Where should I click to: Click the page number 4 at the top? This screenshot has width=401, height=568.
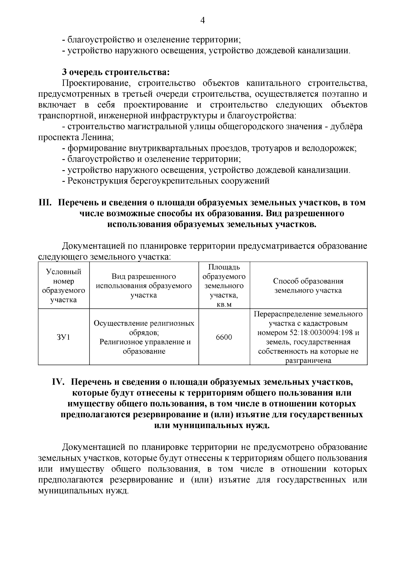[202, 21]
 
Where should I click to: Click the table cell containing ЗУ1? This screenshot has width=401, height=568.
[63, 337]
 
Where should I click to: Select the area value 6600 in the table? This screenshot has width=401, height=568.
[224, 337]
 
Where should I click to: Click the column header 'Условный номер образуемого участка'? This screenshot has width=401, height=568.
[63, 286]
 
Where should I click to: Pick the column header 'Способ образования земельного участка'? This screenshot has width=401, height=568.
[308, 286]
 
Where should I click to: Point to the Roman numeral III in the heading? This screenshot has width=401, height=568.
[44, 202]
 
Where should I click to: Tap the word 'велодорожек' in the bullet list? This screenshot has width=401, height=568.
[329, 148]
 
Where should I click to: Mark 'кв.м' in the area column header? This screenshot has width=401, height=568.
[224, 305]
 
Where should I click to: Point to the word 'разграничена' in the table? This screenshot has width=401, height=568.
[308, 360]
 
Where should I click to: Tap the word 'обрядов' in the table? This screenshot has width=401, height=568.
[143, 333]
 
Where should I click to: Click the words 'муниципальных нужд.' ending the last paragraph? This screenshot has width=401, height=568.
[83, 491]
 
